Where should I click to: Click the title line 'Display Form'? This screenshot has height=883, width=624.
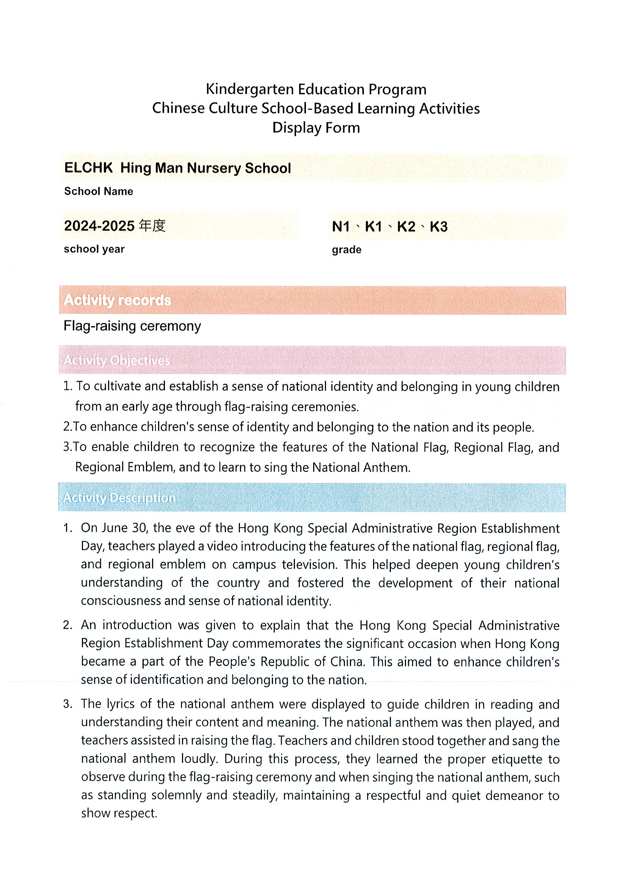pyautogui.click(x=316, y=128)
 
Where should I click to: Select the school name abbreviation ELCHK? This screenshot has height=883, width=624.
pyautogui.click(x=89, y=168)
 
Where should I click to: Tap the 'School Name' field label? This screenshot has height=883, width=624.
pyautogui.click(x=99, y=191)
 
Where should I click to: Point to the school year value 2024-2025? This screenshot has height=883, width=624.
pyautogui.click(x=99, y=226)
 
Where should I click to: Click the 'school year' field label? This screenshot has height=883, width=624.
pyautogui.click(x=94, y=249)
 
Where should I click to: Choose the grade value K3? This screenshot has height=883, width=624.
pyautogui.click(x=439, y=227)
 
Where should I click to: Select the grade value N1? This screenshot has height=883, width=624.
pyautogui.click(x=341, y=227)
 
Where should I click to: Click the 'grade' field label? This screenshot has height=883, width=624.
pyautogui.click(x=346, y=250)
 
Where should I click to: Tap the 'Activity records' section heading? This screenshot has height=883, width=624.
pyautogui.click(x=118, y=300)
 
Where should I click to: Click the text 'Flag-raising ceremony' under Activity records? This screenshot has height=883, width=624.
pyautogui.click(x=132, y=326)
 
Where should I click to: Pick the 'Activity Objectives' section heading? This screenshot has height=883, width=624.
pyautogui.click(x=117, y=360)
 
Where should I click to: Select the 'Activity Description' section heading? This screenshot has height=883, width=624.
pyautogui.click(x=119, y=498)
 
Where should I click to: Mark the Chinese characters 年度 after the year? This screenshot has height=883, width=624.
pyautogui.click(x=152, y=225)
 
